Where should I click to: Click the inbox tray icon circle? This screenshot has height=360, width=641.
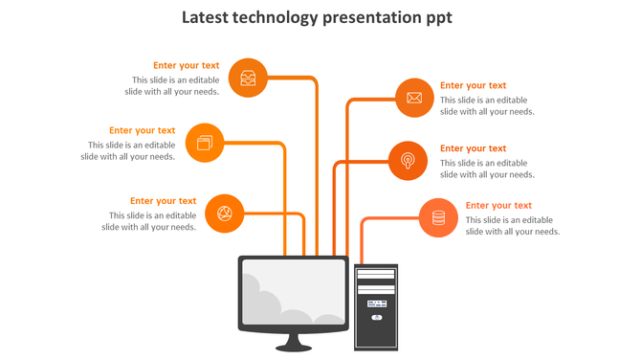[249, 78]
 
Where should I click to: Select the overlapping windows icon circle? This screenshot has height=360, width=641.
[205, 143]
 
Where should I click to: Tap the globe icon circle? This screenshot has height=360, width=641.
[225, 213]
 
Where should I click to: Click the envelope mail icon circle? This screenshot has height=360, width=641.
[414, 98]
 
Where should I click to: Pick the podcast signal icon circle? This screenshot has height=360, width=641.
[408, 160]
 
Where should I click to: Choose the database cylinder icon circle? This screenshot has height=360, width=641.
[439, 217]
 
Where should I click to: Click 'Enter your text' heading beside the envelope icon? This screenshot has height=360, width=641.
[473, 85]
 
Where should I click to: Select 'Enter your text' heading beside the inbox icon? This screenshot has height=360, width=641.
[186, 66]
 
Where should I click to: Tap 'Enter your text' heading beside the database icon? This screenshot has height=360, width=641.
[498, 205]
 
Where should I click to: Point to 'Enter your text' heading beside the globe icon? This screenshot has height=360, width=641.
[164, 201]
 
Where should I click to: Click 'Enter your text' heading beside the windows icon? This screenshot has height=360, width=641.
[142, 130]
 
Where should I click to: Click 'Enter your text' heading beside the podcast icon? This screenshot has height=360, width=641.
[473, 148]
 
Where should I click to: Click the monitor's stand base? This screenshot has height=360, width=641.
[293, 346]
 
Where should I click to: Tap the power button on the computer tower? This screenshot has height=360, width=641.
[376, 316]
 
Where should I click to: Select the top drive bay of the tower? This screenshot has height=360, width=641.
[375, 274]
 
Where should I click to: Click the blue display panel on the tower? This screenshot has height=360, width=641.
[375, 303]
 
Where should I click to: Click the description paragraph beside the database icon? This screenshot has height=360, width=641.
[512, 226]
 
